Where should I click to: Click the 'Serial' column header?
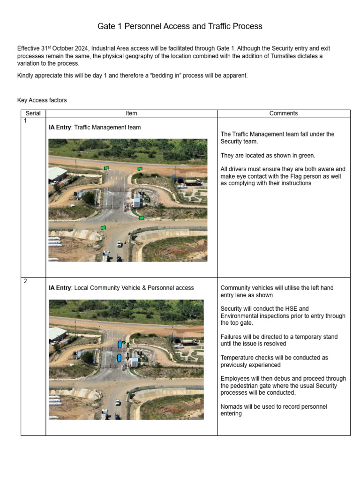point(33,113)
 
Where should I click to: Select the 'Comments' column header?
point(284,113)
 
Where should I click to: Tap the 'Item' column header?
point(131,113)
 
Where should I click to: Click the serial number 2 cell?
point(25,281)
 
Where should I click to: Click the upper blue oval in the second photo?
point(120,345)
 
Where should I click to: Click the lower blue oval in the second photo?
point(120,358)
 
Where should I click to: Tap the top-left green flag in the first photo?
point(106,168)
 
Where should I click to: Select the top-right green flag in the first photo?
point(140,169)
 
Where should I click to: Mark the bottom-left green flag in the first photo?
point(103,228)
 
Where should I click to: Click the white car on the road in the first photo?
point(120,244)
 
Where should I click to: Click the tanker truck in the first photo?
point(192,181)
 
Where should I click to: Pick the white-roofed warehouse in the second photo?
point(57,335)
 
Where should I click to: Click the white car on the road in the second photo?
point(118,402)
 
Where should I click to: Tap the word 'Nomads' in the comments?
point(232,406)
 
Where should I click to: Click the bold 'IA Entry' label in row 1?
point(60,127)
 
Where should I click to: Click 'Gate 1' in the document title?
point(109,27)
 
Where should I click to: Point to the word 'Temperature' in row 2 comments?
point(238,358)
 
